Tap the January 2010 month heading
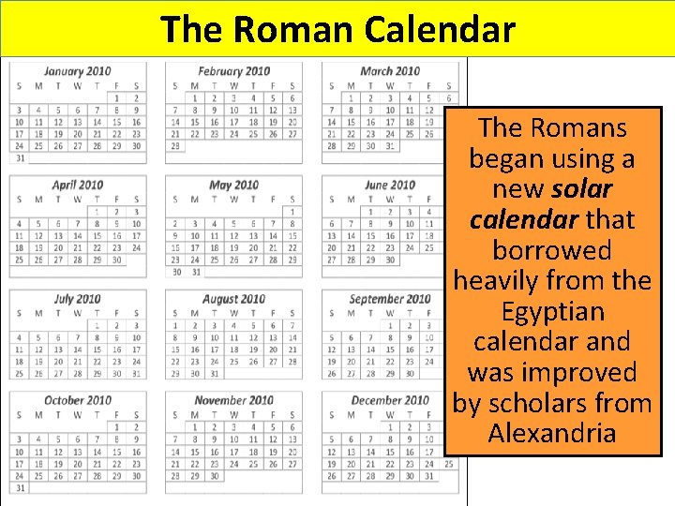click(77, 71)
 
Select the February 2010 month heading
click(233, 71)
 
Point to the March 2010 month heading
click(390, 71)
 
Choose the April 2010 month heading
click(77, 185)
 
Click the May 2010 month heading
click(233, 185)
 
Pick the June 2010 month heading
click(390, 185)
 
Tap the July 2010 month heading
click(77, 299)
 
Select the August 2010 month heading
click(233, 299)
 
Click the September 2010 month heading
click(390, 299)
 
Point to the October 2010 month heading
click(77, 400)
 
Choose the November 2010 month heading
click(233, 400)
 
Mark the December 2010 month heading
click(390, 400)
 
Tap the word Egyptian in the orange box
click(552, 311)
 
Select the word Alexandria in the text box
click(552, 434)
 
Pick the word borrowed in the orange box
click(552, 250)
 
